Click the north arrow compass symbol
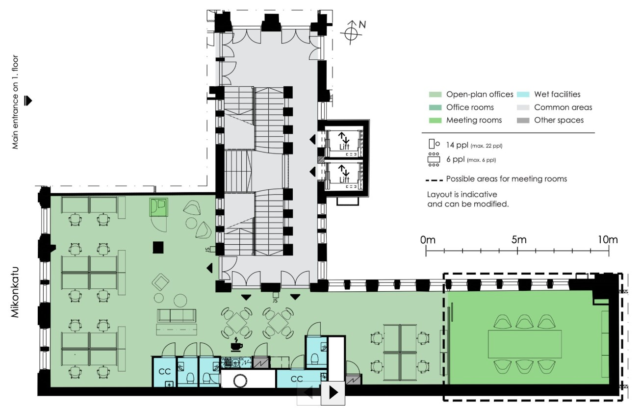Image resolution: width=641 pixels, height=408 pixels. pyautogui.click(x=351, y=33)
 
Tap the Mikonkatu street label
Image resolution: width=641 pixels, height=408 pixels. pyautogui.click(x=15, y=292)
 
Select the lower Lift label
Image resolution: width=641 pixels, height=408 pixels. pyautogui.click(x=344, y=180)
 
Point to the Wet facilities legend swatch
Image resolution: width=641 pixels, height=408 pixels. pyautogui.click(x=524, y=95)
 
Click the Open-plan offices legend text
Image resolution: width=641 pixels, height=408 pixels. pyautogui.click(x=479, y=95)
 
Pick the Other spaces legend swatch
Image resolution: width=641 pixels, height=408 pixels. pyautogui.click(x=524, y=120)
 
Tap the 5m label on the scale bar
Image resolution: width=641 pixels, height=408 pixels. pyautogui.click(x=518, y=240)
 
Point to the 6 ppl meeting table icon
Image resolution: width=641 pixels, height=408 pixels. pyautogui.click(x=434, y=159)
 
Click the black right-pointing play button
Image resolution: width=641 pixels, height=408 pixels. pyautogui.click(x=333, y=393)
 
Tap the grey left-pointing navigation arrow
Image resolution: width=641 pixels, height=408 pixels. pyautogui.click(x=309, y=393)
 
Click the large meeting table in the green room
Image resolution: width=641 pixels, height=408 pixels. pyautogui.click(x=524, y=344)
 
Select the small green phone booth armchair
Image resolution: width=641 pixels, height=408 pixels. pyautogui.click(x=158, y=206)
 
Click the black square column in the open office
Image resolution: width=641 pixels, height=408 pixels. pyautogui.click(x=158, y=247)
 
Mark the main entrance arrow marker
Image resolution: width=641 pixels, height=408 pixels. pyautogui.click(x=28, y=101)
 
